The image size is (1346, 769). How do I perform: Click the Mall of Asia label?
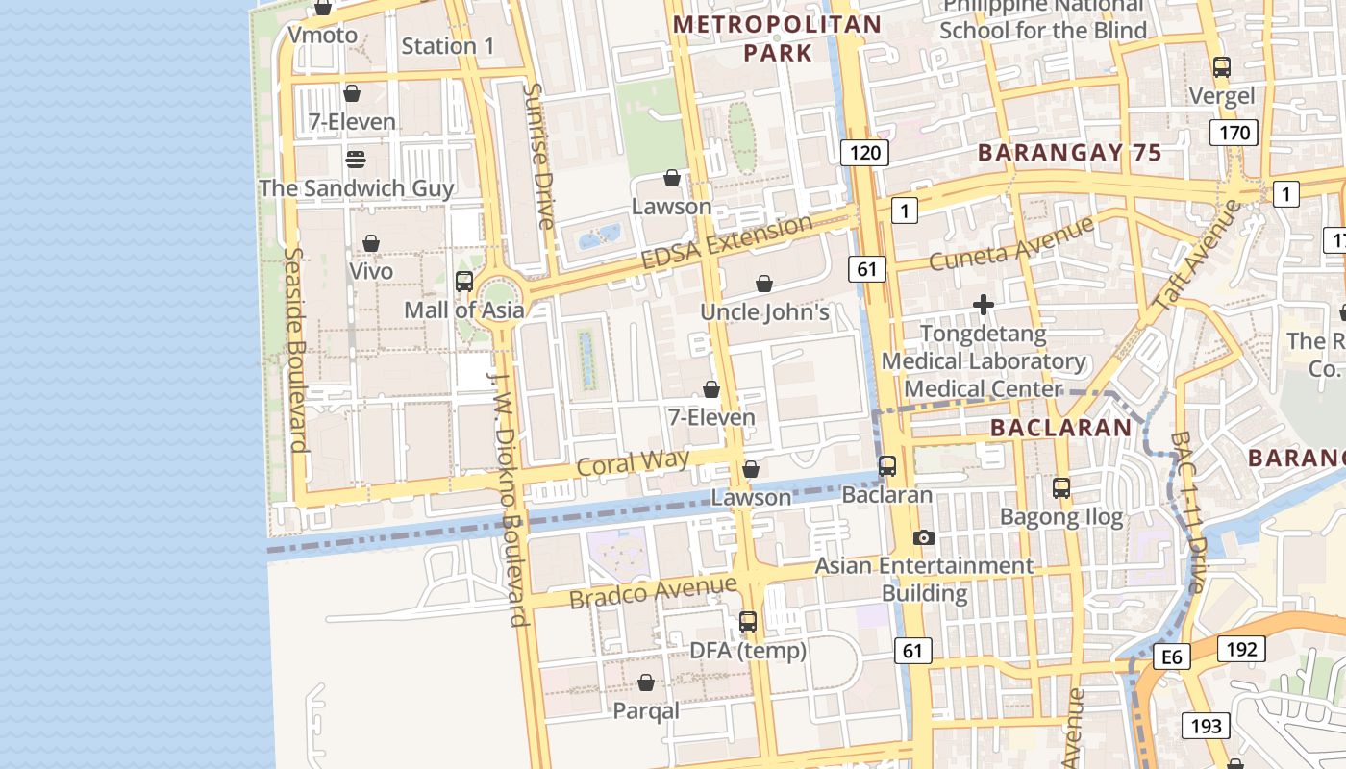click(464, 310)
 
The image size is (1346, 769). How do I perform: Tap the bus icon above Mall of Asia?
click(464, 282)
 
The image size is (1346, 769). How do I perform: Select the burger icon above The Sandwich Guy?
click(356, 159)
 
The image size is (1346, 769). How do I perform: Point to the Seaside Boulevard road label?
click(295, 350)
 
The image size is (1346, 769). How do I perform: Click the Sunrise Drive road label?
click(538, 156)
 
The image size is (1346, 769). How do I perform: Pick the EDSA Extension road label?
click(727, 243)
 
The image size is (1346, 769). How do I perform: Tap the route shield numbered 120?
click(864, 152)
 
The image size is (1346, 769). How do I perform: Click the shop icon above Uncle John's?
click(764, 284)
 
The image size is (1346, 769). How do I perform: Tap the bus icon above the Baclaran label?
click(887, 466)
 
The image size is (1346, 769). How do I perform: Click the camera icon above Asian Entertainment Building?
click(924, 537)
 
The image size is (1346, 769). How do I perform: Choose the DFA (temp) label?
click(748, 651)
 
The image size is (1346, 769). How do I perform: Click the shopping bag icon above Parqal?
click(646, 682)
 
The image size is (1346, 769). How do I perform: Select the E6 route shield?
click(1171, 657)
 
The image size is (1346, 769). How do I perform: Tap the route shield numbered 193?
click(1205, 726)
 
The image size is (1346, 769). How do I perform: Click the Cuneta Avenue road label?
click(1011, 243)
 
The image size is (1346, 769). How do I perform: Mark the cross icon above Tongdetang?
click(984, 306)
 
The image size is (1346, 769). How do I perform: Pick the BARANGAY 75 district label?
click(1069, 153)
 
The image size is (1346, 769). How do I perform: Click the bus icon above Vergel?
click(1222, 67)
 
